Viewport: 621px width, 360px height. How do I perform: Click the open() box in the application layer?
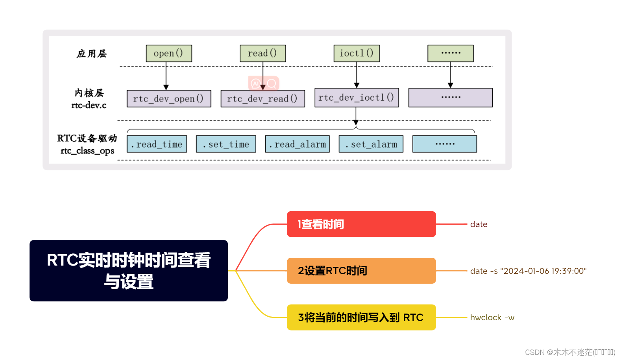(169, 54)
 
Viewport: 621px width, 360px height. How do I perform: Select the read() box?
(262, 54)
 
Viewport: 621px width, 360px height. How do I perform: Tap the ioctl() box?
(357, 54)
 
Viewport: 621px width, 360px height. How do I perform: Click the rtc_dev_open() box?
(169, 99)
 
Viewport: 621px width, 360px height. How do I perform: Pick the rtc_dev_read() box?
(262, 99)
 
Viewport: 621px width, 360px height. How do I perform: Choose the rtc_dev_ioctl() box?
(357, 98)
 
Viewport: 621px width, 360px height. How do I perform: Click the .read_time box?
(157, 144)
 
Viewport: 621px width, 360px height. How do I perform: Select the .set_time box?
(226, 144)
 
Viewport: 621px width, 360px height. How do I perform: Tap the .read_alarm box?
(297, 144)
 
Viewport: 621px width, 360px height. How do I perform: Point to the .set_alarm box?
(371, 144)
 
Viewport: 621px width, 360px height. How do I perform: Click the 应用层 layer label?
(92, 54)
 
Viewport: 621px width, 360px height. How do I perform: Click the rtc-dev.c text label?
(89, 105)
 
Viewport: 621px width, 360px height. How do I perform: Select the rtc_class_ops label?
(87, 151)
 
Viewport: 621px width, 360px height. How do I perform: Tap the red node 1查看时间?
(361, 224)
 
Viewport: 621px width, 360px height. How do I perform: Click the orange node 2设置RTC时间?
(361, 271)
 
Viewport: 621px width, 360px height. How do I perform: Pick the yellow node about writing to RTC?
(361, 318)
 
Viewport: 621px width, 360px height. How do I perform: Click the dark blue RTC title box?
(129, 271)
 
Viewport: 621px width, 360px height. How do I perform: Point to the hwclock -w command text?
(492, 318)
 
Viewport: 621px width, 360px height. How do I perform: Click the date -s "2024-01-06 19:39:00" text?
(528, 271)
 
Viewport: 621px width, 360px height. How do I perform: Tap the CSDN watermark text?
(570, 352)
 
